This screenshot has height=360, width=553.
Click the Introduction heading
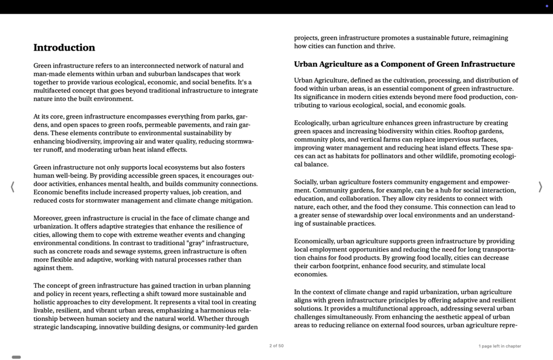64,48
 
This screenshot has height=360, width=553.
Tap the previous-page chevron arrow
12,187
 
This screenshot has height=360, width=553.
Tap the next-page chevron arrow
540,187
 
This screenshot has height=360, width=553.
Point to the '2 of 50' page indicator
276,346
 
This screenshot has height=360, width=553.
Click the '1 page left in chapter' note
499,346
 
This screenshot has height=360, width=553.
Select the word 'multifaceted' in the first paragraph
53,91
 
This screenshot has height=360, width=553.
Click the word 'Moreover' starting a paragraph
48,219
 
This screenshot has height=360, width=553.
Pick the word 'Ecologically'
311,123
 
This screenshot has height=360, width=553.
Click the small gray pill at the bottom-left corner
17,357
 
